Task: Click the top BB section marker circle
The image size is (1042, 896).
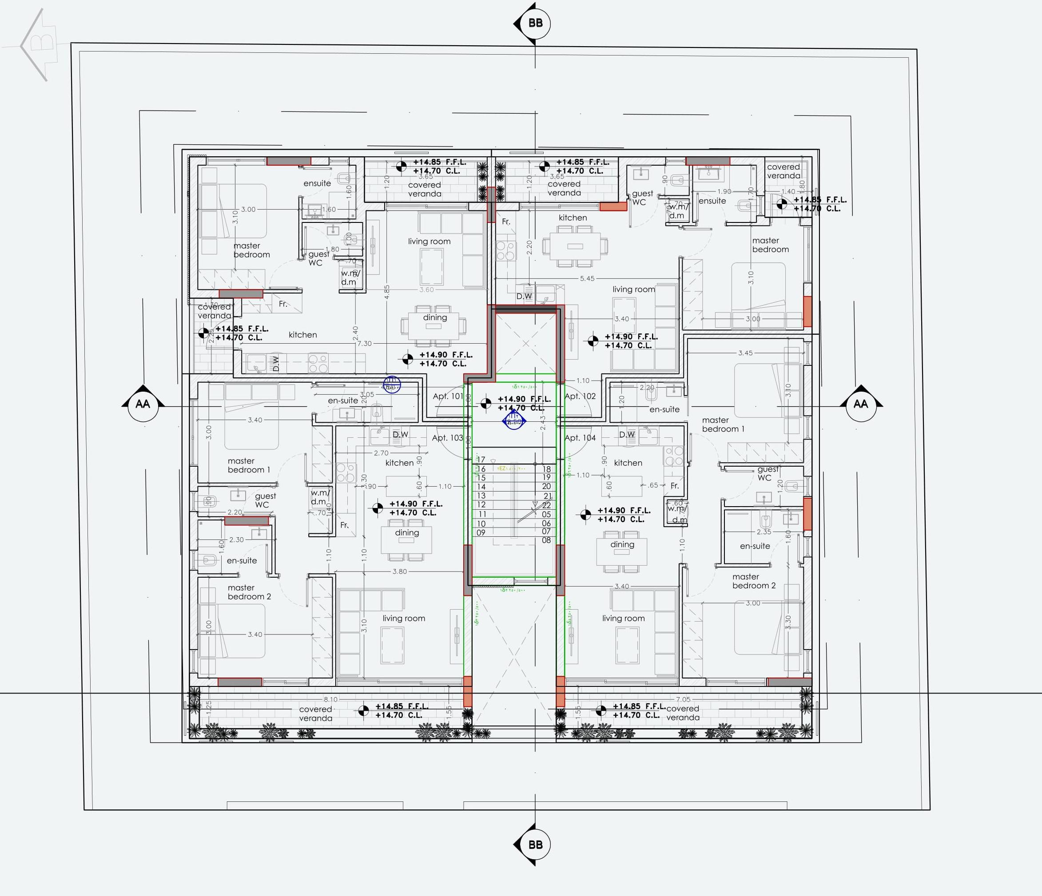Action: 535,23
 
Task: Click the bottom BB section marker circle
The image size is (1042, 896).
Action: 535,844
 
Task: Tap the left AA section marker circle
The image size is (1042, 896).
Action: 143,404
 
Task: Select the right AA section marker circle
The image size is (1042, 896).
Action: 860,404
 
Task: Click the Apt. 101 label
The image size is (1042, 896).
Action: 448,396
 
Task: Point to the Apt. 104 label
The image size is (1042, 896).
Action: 580,438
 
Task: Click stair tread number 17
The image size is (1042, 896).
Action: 481,460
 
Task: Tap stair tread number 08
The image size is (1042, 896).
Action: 546,540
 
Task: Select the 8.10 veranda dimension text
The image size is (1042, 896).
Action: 330,699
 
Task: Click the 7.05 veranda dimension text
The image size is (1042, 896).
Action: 683,699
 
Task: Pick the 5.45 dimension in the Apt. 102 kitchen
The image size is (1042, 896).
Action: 587,278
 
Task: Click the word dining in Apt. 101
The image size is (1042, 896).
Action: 434,318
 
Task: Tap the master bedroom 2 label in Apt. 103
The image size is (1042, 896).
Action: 249,592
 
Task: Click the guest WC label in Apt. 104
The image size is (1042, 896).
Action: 768,474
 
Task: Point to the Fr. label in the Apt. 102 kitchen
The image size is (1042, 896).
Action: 506,222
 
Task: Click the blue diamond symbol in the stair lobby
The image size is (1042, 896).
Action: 513,420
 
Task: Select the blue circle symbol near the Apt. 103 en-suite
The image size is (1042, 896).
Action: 392,385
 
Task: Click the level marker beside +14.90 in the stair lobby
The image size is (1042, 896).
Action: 485,403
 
